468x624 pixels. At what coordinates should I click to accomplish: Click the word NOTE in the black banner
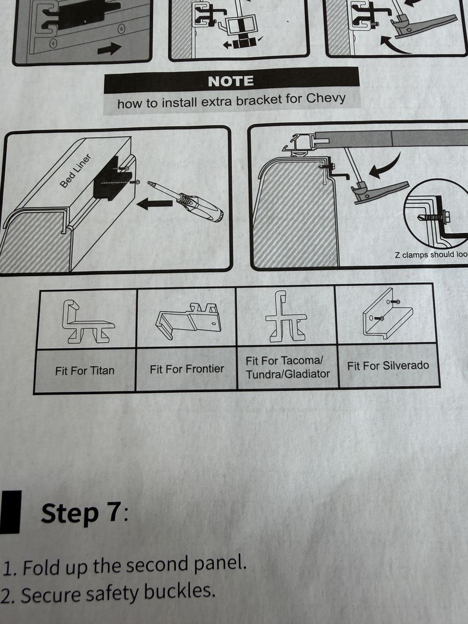coord(231,81)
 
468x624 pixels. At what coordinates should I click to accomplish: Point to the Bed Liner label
coord(75,171)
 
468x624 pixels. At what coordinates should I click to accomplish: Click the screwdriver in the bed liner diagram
coord(186,201)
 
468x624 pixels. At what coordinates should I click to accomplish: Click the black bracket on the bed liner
coord(112,177)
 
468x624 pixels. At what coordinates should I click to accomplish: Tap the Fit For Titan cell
coord(85,371)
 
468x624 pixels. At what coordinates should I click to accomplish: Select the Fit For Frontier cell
coord(187,369)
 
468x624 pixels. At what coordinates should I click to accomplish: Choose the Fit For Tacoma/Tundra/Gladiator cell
coord(288,367)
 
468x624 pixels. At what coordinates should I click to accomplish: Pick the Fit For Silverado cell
coord(388,366)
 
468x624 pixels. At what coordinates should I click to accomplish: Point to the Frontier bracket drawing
coord(187,320)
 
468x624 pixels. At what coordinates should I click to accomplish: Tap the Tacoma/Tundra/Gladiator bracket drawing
coord(286,316)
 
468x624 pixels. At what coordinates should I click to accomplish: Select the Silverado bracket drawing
coord(388,313)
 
